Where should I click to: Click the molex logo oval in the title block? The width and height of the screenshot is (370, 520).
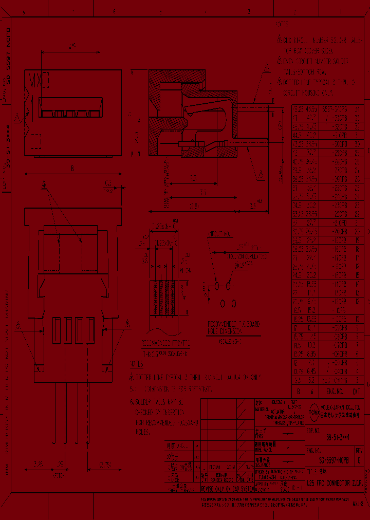(x=313, y=410)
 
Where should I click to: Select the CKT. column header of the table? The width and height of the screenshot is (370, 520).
(x=358, y=391)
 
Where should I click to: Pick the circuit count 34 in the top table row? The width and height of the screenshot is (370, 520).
(x=358, y=109)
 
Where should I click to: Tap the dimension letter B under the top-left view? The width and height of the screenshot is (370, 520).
(x=72, y=168)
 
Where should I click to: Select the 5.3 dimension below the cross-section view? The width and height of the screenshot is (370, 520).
(x=193, y=178)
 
